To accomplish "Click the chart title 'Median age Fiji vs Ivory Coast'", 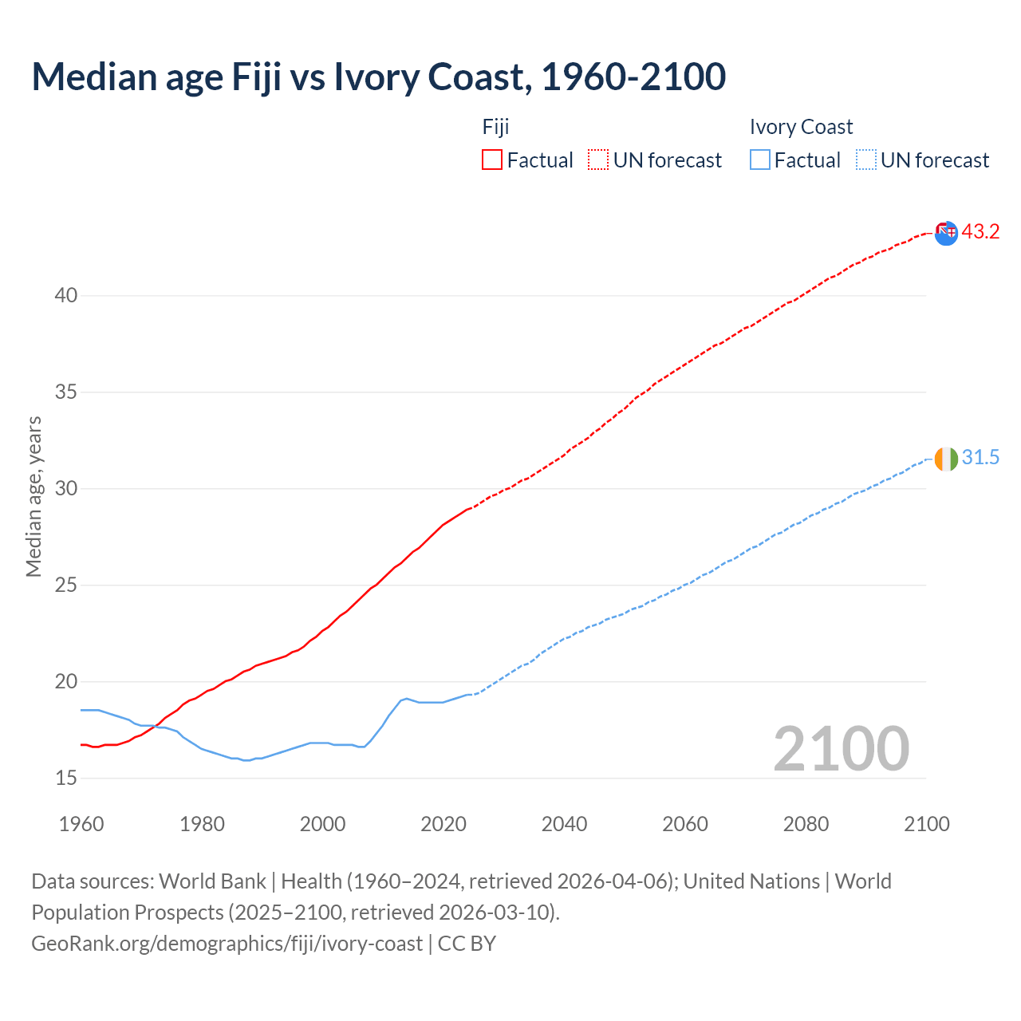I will [x=378, y=77].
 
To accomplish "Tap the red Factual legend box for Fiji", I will [x=492, y=160].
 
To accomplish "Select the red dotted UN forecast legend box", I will [x=598, y=160].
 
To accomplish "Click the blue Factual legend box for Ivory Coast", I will [x=759, y=160].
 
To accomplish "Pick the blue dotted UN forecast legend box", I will [x=865, y=160].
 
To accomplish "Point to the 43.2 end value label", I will [x=980, y=232].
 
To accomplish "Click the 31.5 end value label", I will [x=980, y=457].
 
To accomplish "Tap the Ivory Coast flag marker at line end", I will [x=945, y=459].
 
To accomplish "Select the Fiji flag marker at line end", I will [x=945, y=233].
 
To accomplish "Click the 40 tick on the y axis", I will [x=66, y=295].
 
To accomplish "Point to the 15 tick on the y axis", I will [x=66, y=778].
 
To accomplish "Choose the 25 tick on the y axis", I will [x=66, y=585].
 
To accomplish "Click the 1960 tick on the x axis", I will [x=81, y=823].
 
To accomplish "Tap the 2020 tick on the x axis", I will [x=443, y=823].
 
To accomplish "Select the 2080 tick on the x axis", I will [x=806, y=823].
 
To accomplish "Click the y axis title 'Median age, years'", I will [x=34, y=496].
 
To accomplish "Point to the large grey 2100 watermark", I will [x=841, y=748].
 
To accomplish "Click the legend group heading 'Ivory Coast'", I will [x=801, y=127].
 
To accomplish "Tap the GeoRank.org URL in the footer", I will [x=227, y=943].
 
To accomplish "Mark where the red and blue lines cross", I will [x=156, y=726].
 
